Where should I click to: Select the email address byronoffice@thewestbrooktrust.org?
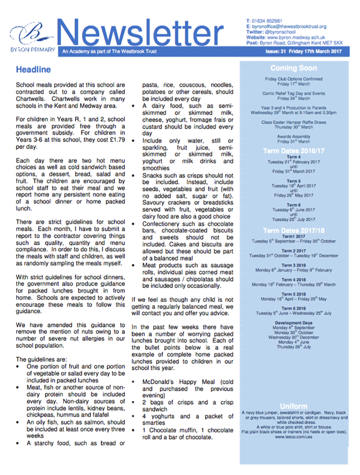pyautogui.click(x=293, y=26)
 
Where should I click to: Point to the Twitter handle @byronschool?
pyautogui.click(x=281, y=32)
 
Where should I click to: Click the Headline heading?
pyautogui.click(x=35, y=69)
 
